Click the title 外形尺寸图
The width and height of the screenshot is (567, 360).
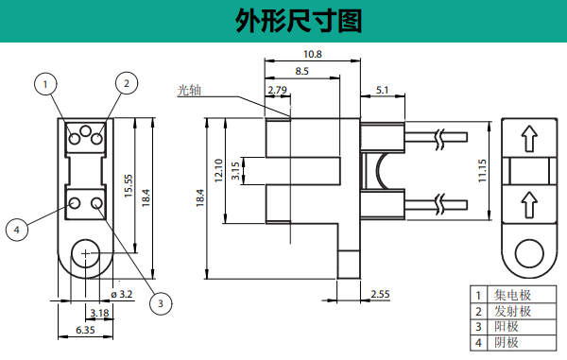[299, 21]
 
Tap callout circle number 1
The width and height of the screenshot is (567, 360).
[45, 84]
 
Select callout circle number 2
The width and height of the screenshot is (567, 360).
[127, 83]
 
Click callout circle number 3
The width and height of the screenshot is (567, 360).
[161, 303]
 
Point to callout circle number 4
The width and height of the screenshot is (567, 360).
[17, 230]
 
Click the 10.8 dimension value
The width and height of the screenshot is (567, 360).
[313, 54]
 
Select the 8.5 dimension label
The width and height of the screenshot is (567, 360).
[302, 71]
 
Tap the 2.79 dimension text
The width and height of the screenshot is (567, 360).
[277, 90]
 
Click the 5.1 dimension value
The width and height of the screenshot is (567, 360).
[382, 90]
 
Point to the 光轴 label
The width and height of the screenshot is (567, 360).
[189, 91]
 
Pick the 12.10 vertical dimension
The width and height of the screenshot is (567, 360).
[219, 170]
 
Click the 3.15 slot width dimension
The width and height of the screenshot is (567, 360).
[235, 171]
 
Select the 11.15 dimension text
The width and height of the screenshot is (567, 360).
[482, 171]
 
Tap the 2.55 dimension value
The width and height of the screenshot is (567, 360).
[380, 294]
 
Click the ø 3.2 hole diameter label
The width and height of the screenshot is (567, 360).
[122, 294]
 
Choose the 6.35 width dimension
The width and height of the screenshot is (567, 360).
[85, 330]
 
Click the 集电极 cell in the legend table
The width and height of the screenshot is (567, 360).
[513, 296]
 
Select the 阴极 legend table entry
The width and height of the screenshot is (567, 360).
[507, 342]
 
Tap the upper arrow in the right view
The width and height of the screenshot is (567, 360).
[529, 139]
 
